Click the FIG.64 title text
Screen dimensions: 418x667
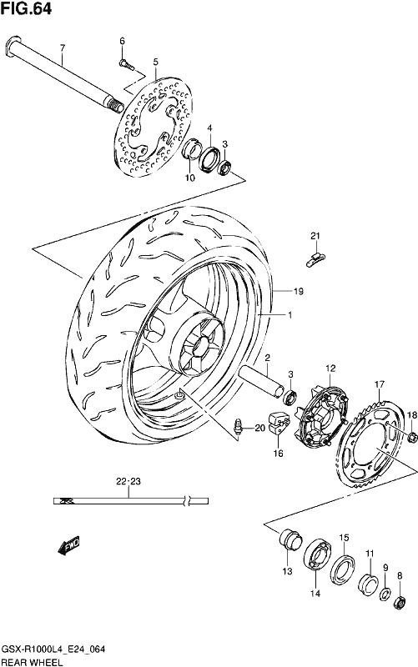pos(27,8)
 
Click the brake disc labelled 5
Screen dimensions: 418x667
pos(154,128)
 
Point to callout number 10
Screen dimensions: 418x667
pos(190,178)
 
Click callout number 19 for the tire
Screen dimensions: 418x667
pos(299,291)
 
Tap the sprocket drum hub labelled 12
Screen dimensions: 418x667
pos(321,418)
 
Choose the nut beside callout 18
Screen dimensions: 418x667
pos(411,437)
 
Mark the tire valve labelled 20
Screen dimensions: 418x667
pos(239,425)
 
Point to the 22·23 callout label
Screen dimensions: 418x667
pos(128,482)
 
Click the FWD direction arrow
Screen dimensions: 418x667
pos(68,546)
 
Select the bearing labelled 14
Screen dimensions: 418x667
pos(319,556)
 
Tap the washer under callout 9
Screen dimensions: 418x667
pos(385,594)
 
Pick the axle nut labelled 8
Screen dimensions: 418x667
pos(400,603)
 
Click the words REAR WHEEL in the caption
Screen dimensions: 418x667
pos(32,662)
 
